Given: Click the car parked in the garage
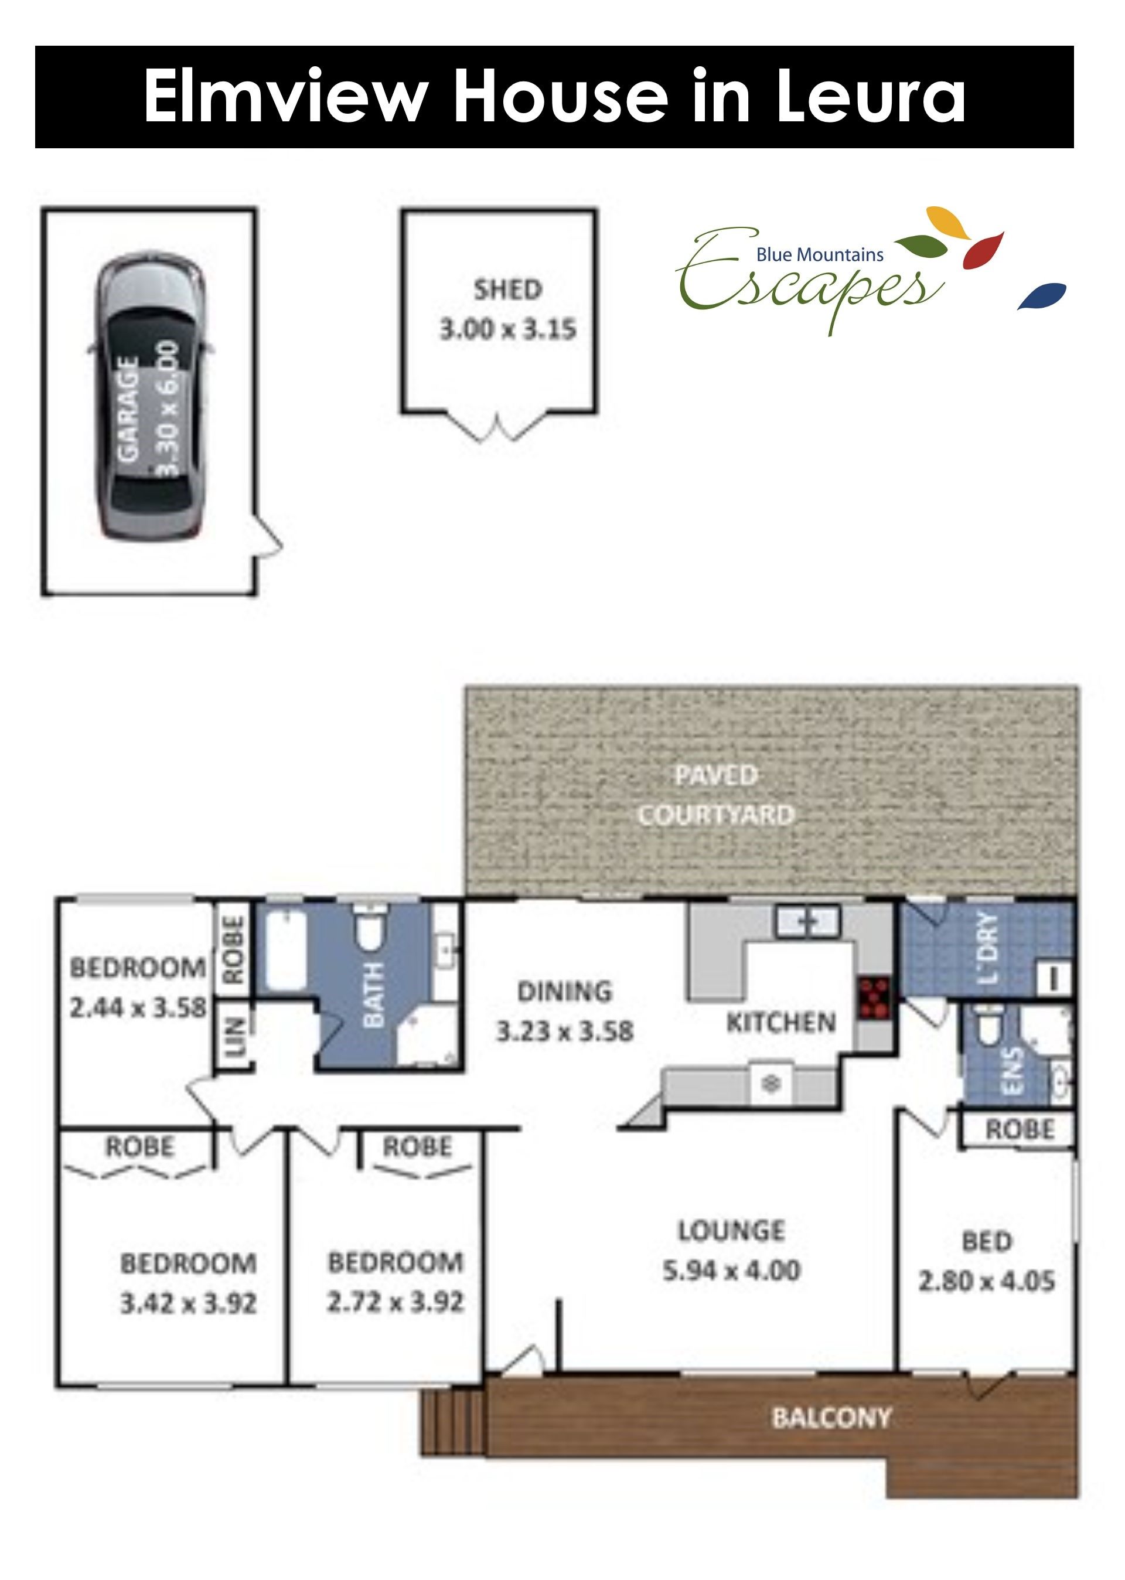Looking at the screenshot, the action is coord(152,399).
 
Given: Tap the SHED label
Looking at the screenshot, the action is coord(508,290).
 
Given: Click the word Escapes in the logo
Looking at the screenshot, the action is coord(810,281).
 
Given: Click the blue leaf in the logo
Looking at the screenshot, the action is coord(1042,296).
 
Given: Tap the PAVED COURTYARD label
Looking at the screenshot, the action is coord(715,795).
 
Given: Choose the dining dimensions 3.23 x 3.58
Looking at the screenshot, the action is coord(565,1031).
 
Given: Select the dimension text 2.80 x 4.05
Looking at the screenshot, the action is coord(987,1282).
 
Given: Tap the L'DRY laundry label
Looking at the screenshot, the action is coord(991,948).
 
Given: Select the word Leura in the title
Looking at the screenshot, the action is coord(870,97).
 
